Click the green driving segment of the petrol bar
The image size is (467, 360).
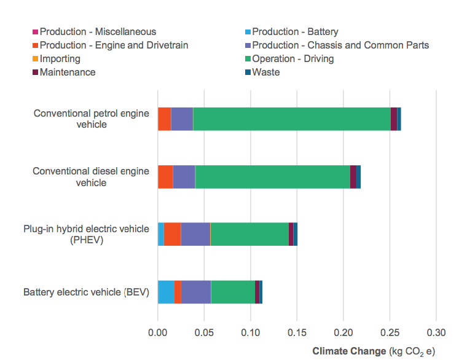292,119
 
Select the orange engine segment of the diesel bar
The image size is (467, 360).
165,176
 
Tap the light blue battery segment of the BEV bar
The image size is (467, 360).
166,292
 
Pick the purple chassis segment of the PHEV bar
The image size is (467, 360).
195,234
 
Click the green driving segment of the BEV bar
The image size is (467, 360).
233,292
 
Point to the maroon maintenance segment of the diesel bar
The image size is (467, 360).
353,176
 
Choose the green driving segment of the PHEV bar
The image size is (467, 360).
249,234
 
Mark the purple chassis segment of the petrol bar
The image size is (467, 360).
182,119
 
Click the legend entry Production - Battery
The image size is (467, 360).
295,32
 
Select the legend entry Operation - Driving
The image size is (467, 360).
292,59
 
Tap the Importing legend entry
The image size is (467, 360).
60,59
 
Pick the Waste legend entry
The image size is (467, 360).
265,72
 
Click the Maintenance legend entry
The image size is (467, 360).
68,72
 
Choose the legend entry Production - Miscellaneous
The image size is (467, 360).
98,32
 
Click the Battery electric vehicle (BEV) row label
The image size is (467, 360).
86,292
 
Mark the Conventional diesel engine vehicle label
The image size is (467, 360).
91,176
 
